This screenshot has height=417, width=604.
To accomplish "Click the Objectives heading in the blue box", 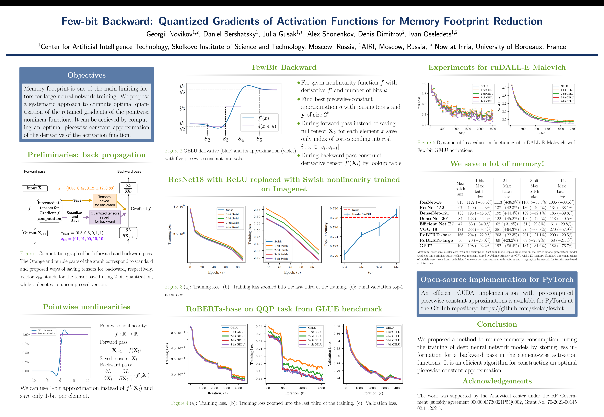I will (86, 75).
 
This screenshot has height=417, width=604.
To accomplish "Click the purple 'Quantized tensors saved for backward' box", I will (105, 217).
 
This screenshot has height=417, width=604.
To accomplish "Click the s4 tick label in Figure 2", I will (241, 139).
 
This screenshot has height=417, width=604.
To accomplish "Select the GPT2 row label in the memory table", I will (426, 246).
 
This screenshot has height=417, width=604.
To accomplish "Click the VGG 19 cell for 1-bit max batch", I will (479, 229).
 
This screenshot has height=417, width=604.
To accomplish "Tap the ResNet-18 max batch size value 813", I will (460, 202).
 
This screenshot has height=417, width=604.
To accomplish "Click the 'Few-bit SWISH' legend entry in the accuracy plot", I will (361, 214).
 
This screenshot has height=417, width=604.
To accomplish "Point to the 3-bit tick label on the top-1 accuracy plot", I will (379, 267).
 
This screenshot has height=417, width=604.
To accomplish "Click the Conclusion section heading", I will (497, 324).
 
